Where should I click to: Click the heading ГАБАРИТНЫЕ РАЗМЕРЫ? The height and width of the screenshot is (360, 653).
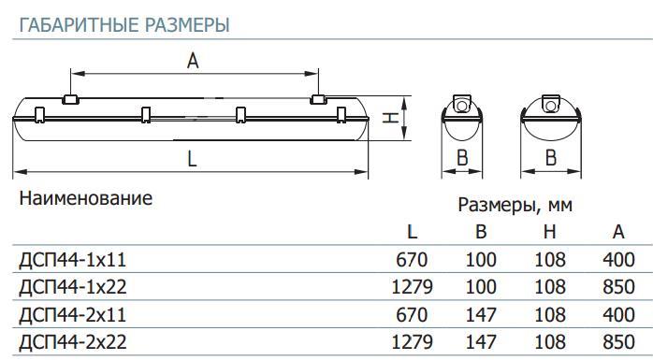pyautogui.click(x=124, y=25)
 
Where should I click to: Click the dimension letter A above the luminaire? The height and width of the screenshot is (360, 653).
pyautogui.click(x=193, y=61)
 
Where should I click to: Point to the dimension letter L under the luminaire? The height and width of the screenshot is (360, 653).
pyautogui.click(x=192, y=159)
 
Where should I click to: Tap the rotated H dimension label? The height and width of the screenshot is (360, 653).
pyautogui.click(x=391, y=118)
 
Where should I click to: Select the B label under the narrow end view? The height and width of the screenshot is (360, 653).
pyautogui.click(x=462, y=158)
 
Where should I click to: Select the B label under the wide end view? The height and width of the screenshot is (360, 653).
pyautogui.click(x=551, y=158)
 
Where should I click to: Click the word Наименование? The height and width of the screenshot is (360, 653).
pyautogui.click(x=86, y=198)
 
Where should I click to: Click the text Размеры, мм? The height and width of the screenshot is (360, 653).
pyautogui.click(x=515, y=205)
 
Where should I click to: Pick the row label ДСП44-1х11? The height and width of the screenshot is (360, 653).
pyautogui.click(x=72, y=260)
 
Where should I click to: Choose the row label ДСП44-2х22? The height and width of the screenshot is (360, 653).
pyautogui.click(x=73, y=342)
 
